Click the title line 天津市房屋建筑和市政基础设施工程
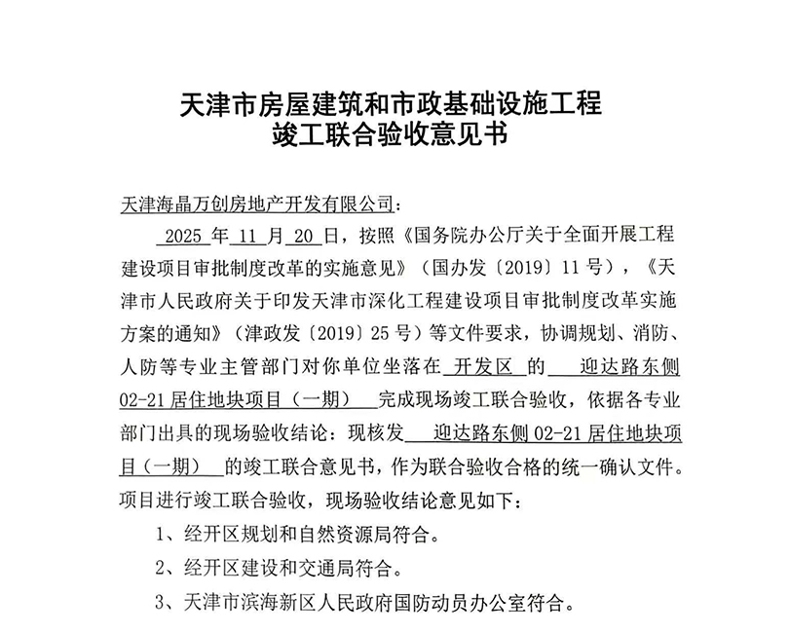coord(393,101)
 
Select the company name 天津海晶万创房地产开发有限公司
coord(254,205)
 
